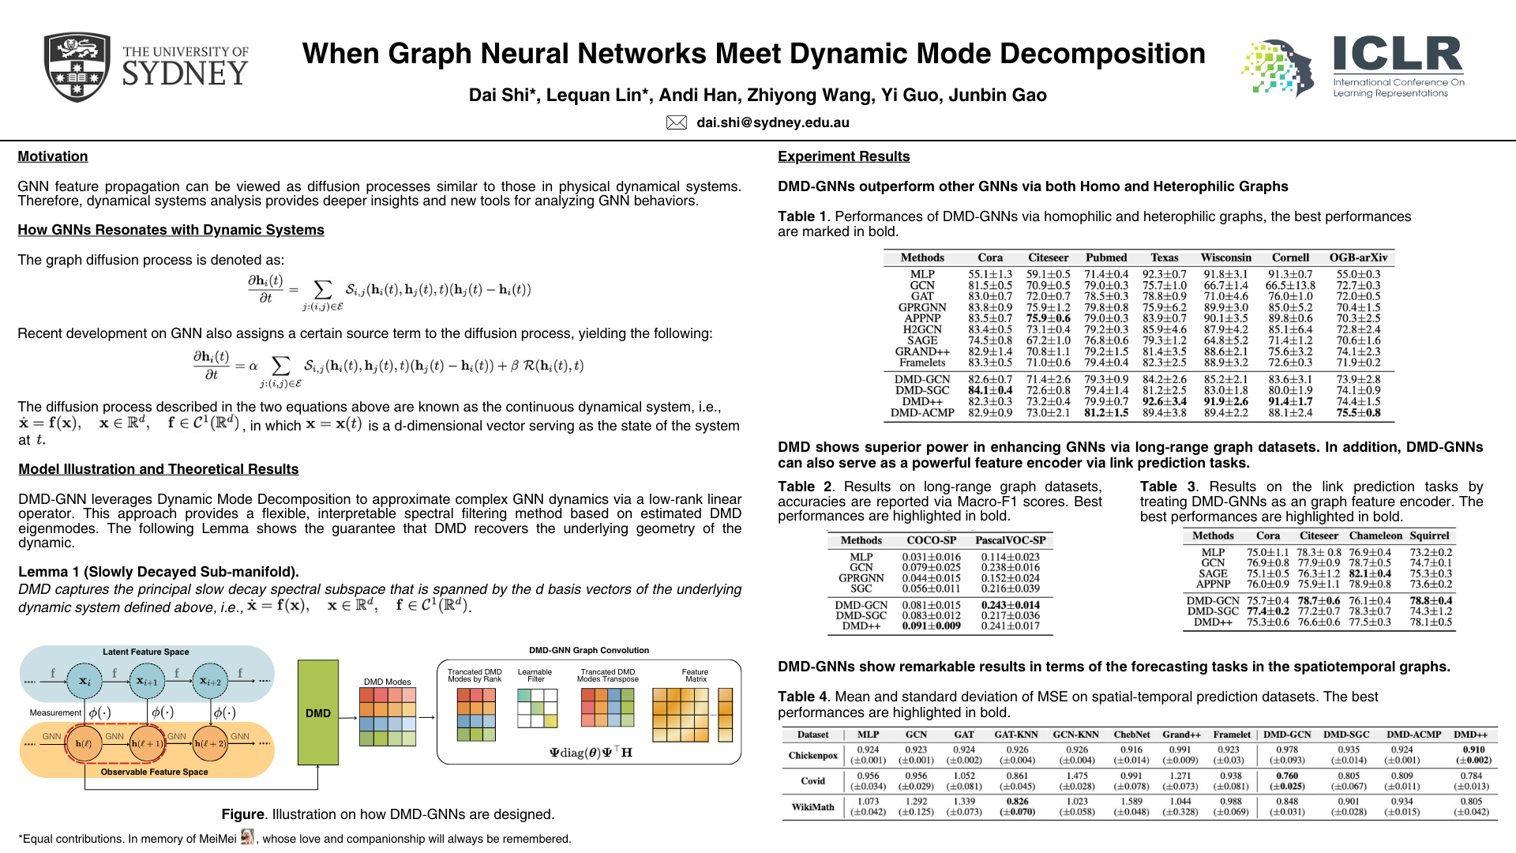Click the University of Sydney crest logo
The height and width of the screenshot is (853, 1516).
click(77, 67)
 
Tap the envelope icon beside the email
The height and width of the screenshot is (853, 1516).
click(677, 122)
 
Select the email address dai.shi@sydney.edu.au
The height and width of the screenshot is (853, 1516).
click(772, 122)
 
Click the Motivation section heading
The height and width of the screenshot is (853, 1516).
click(53, 156)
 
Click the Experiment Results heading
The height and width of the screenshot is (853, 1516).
click(843, 156)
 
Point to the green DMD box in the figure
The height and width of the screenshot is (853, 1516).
click(318, 712)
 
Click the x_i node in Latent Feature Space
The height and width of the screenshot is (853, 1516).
click(84, 681)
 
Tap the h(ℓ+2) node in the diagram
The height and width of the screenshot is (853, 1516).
click(210, 743)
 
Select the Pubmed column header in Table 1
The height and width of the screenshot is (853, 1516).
click(1106, 257)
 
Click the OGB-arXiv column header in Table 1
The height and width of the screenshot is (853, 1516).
click(1358, 257)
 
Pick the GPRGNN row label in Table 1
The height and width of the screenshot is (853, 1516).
click(921, 307)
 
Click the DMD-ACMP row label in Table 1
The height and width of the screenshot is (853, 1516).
click(922, 412)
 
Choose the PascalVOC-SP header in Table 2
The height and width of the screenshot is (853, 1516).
click(1010, 540)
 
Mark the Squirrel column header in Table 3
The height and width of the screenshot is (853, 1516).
click(1429, 535)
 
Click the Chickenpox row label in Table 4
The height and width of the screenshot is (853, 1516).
click(812, 755)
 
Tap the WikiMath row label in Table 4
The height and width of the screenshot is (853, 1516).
click(812, 806)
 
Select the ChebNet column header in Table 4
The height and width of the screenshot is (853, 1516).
click(1131, 735)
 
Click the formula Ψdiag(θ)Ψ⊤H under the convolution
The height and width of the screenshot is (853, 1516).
click(591, 752)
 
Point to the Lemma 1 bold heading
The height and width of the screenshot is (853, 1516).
click(159, 572)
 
